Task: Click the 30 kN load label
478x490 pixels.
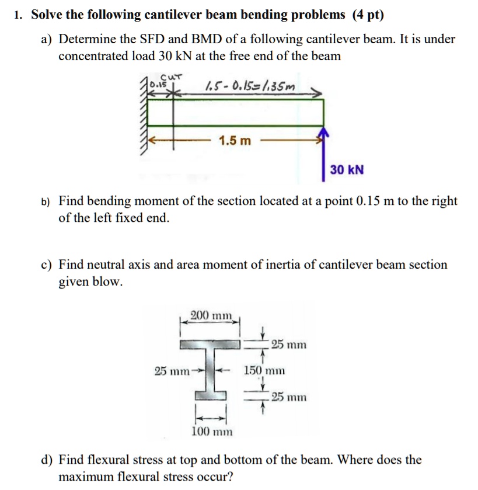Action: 347,170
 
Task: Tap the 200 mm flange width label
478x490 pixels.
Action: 212,316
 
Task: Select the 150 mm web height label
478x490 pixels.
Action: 266,370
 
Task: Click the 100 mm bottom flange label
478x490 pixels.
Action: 212,432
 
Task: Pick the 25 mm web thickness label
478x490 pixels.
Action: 171,370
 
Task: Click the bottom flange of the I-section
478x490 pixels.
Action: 210,396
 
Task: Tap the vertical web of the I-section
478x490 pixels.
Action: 210,370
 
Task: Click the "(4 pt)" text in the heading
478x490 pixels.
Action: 368,15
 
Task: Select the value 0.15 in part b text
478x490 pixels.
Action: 368,201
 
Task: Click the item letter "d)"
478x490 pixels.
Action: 46,460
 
